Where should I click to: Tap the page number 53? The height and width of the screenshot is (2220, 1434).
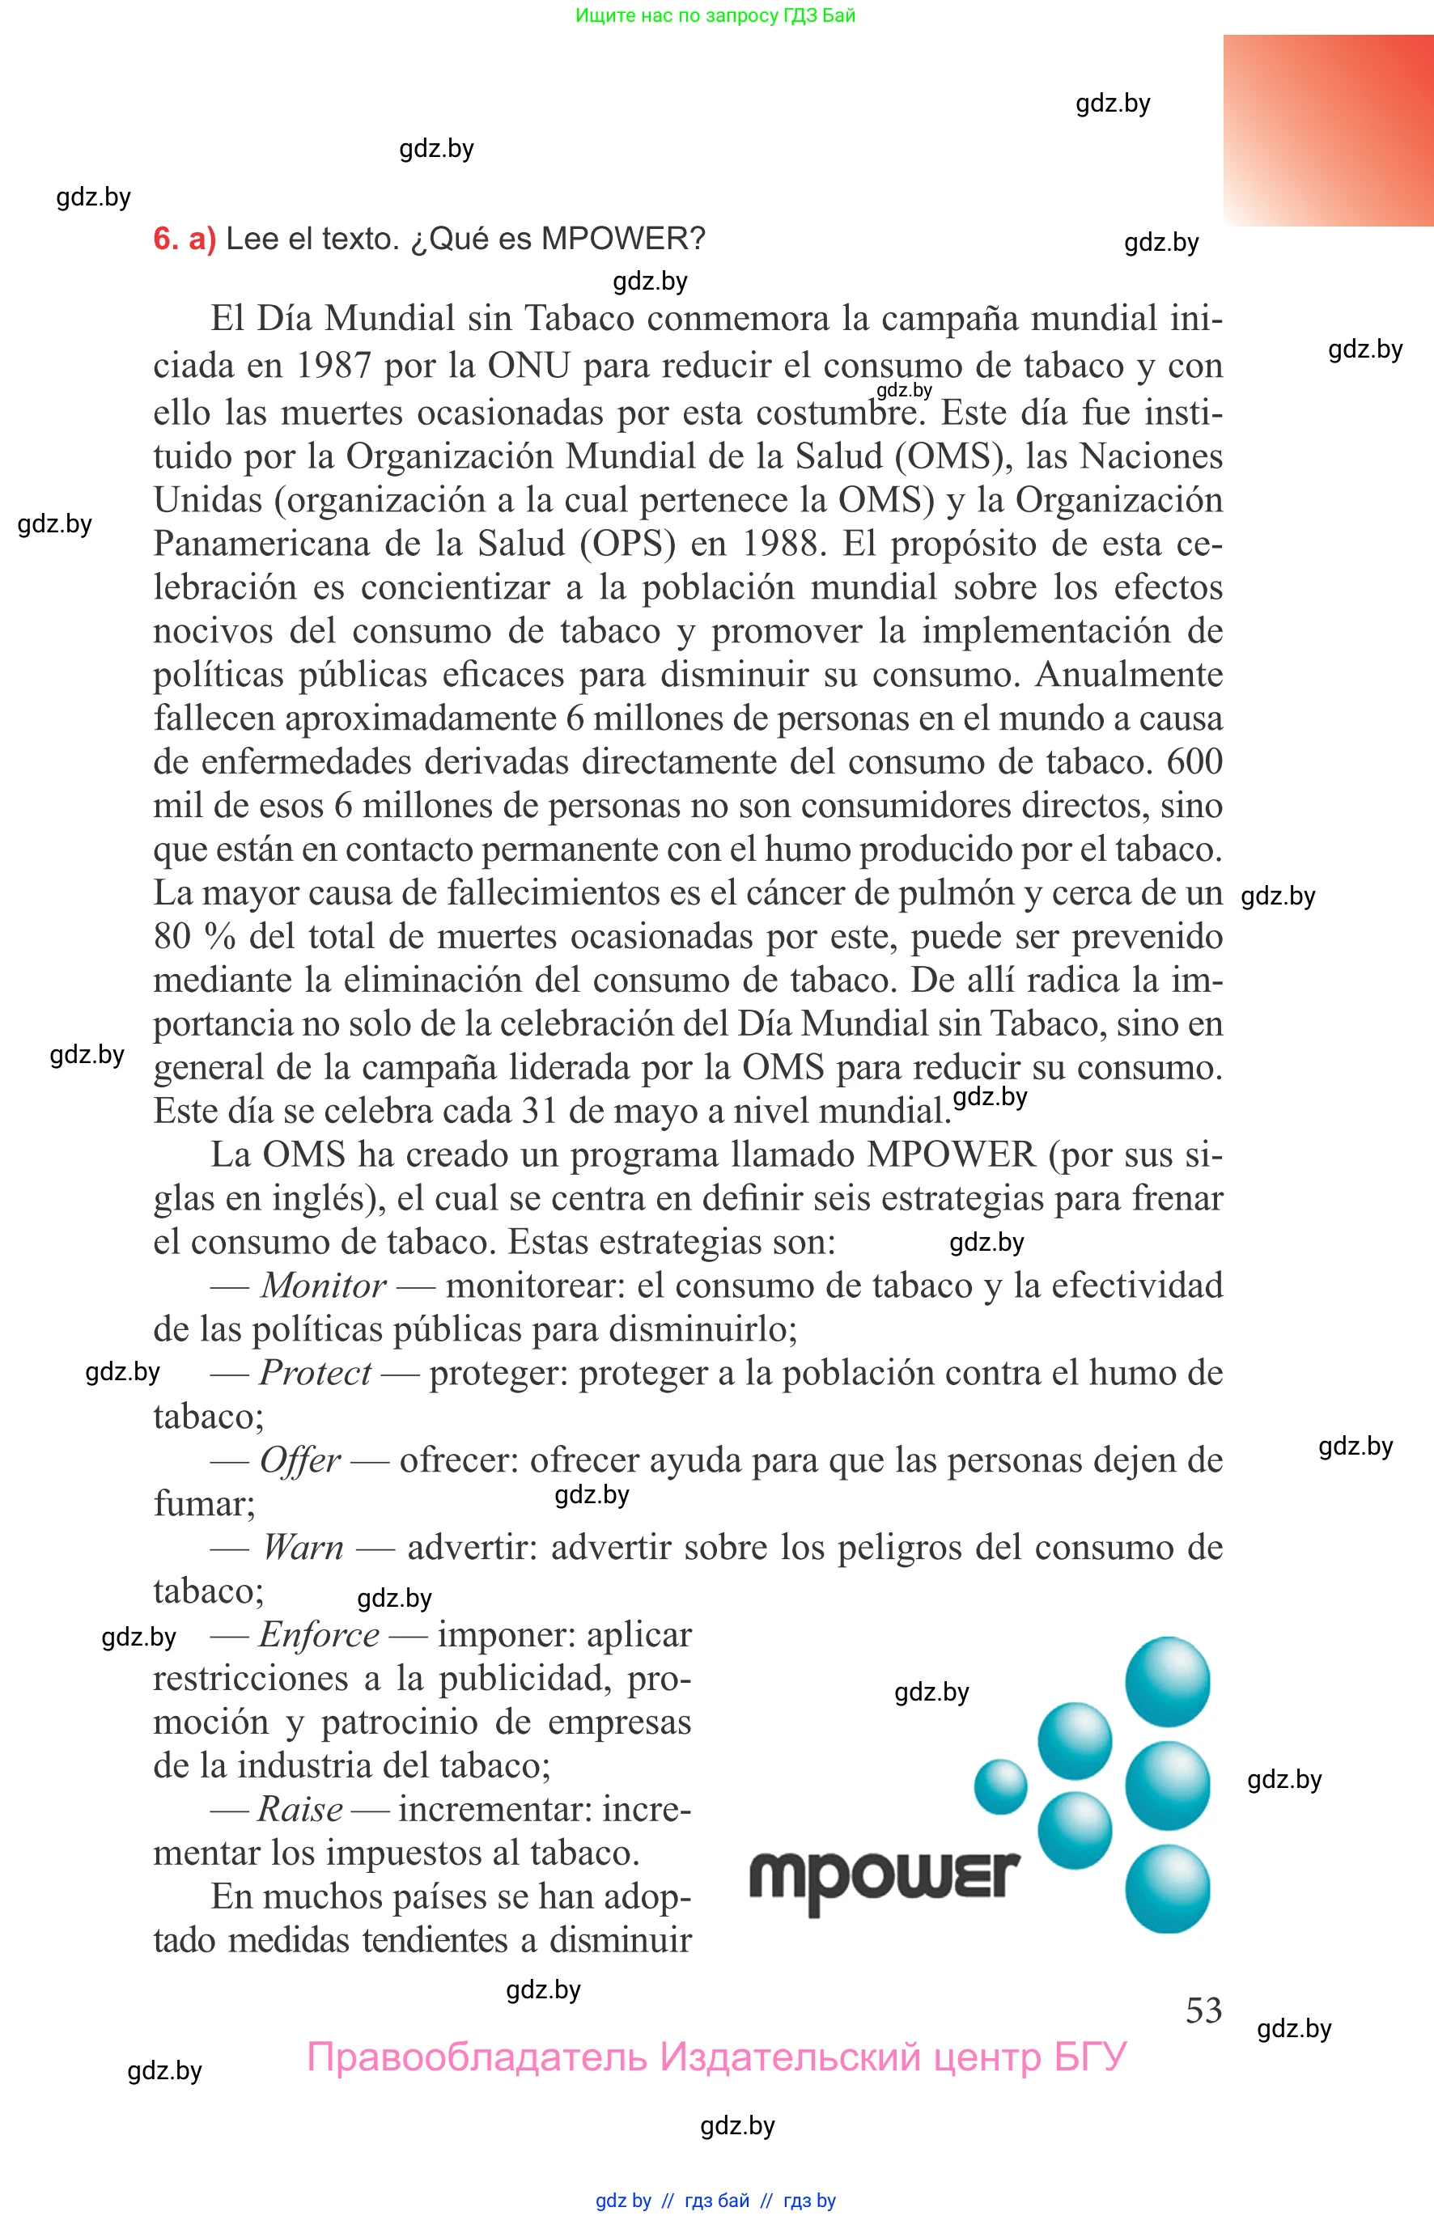(1203, 2010)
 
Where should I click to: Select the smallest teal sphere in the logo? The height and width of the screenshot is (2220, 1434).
(1000, 1786)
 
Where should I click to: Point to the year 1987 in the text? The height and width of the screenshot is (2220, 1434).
(333, 366)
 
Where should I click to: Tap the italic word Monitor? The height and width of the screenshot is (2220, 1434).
(323, 1286)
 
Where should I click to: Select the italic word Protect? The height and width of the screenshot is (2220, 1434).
(315, 1373)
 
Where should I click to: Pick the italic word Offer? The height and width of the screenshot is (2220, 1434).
(300, 1460)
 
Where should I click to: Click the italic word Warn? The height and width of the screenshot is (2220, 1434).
(303, 1548)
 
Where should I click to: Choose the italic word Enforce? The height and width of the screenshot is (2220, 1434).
(320, 1635)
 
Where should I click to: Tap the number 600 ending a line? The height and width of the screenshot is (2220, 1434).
(1194, 762)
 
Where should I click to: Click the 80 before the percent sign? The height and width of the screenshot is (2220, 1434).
(172, 936)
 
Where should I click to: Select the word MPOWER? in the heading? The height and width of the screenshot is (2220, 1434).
(623, 239)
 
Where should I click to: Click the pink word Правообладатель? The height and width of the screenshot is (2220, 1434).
(476, 2057)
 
